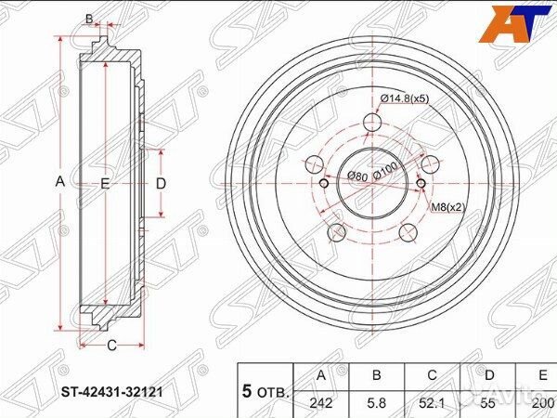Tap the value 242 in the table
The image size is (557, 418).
[x=321, y=404]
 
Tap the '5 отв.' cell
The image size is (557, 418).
[x=266, y=390]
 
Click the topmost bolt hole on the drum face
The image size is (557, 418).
[x=371, y=122]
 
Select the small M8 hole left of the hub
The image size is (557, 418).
[x=324, y=182]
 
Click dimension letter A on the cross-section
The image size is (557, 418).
[x=60, y=182]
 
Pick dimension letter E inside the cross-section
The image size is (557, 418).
[x=105, y=184]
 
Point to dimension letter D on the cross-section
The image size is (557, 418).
[x=160, y=183]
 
